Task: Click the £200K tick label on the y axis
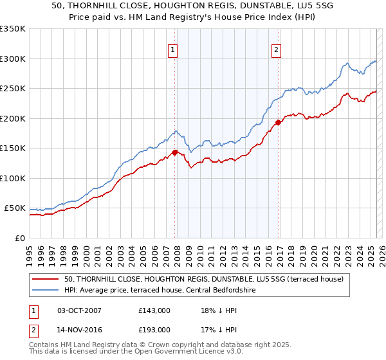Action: point(13,118)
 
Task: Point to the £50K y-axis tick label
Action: point(15,208)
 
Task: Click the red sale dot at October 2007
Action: point(174,152)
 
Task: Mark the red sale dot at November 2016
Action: point(278,122)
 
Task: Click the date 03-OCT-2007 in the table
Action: point(79,310)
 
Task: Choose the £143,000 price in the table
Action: point(154,310)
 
